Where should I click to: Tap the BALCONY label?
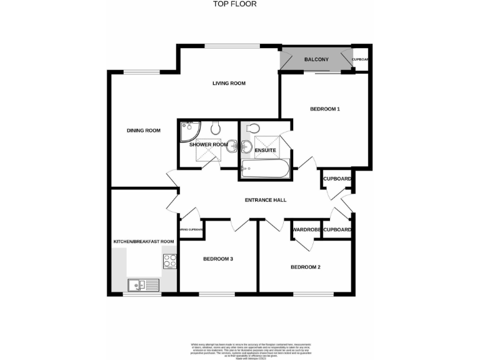pos(316,59)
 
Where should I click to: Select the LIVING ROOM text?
pos(228,83)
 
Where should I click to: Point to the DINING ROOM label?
pos(144,131)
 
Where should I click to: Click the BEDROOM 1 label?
pos(324,109)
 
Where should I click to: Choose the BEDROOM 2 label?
pos(305,267)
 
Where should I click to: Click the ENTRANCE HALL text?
pos(266,200)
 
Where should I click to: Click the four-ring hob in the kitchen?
pos(169,262)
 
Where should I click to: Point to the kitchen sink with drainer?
pos(144,286)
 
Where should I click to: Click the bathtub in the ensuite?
pos(264,169)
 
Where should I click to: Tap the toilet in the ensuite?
pos(253,128)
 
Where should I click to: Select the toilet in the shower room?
pos(216,129)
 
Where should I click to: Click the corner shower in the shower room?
pos(189,131)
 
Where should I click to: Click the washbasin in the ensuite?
pos(246,147)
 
